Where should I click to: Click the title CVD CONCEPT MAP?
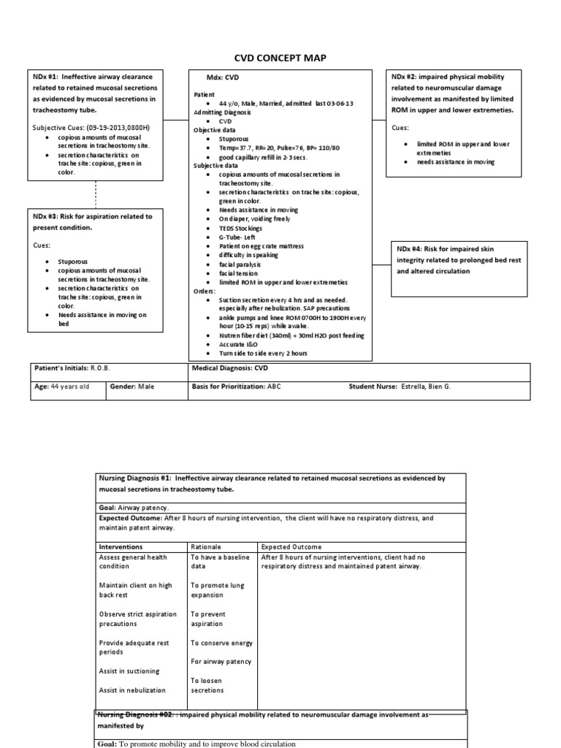point(280,58)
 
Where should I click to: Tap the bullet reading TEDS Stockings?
point(246,228)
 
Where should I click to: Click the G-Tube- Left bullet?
point(241,237)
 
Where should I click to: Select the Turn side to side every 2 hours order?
point(264,353)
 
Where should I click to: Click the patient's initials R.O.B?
point(100,369)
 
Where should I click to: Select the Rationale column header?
point(206,546)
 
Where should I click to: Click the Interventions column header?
point(121,546)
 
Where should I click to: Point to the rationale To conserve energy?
point(221,643)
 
